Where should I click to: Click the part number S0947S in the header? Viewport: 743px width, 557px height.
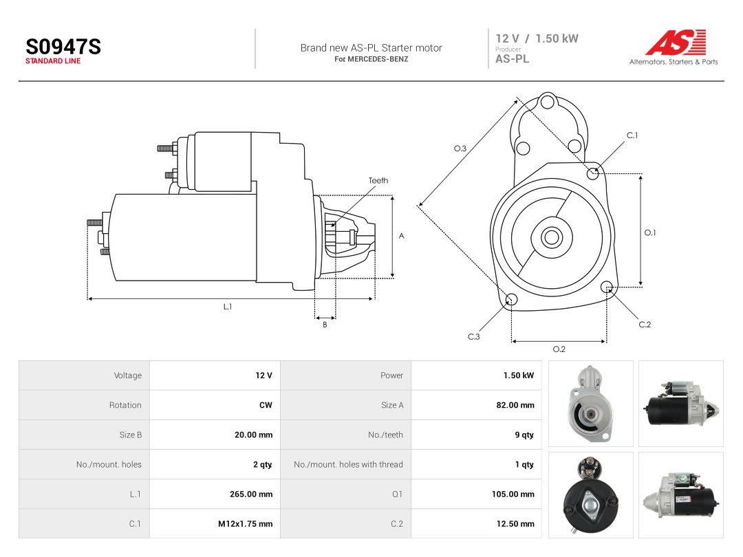tap(63, 47)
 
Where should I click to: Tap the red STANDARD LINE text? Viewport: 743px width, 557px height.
tap(53, 61)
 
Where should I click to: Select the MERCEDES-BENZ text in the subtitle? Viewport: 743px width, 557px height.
tap(378, 59)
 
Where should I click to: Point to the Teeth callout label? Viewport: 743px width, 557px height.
tap(378, 180)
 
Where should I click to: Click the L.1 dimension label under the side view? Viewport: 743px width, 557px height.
tap(228, 307)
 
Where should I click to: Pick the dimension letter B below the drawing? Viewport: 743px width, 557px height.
tap(325, 325)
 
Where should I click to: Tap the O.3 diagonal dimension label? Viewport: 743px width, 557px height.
tap(460, 149)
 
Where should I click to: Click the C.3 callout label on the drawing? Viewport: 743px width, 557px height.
tap(474, 337)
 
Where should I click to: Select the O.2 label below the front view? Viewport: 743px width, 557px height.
tap(559, 349)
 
